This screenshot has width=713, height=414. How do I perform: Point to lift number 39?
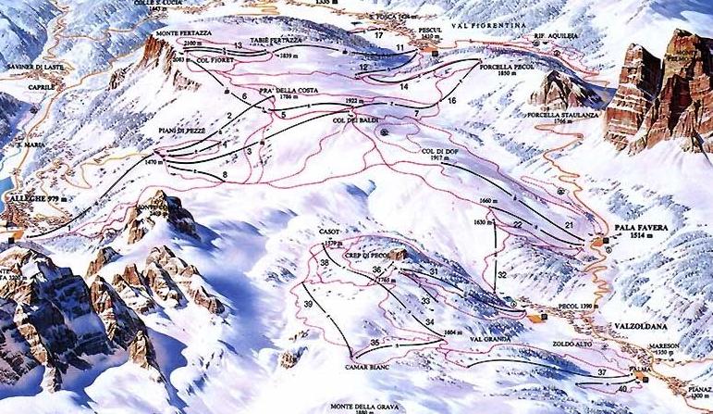tap(308, 305)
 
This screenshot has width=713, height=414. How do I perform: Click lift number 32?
tap(501, 275)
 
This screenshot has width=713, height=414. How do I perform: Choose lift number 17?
tap(379, 35)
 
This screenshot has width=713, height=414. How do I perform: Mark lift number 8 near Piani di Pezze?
tap(224, 174)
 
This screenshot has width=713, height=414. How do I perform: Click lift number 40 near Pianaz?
tap(622, 389)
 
